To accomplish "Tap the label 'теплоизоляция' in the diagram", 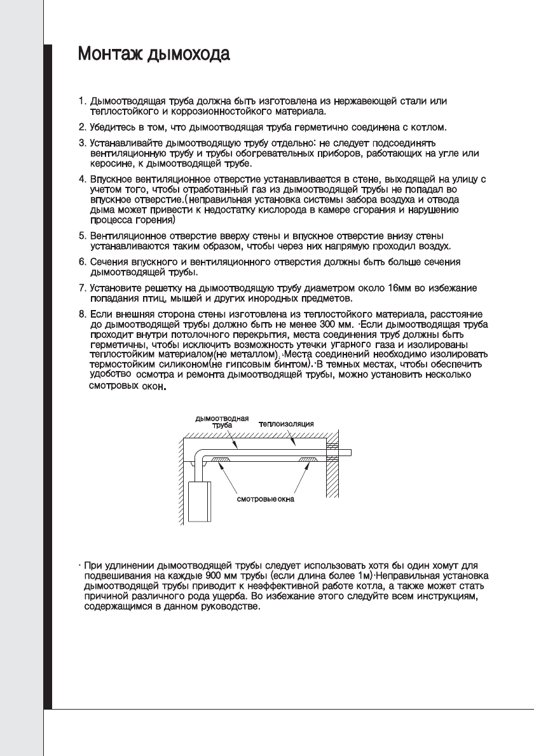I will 286,423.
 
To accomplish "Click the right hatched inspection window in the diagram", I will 308,459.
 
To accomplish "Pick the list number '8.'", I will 82,314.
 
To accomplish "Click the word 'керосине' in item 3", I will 111,164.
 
